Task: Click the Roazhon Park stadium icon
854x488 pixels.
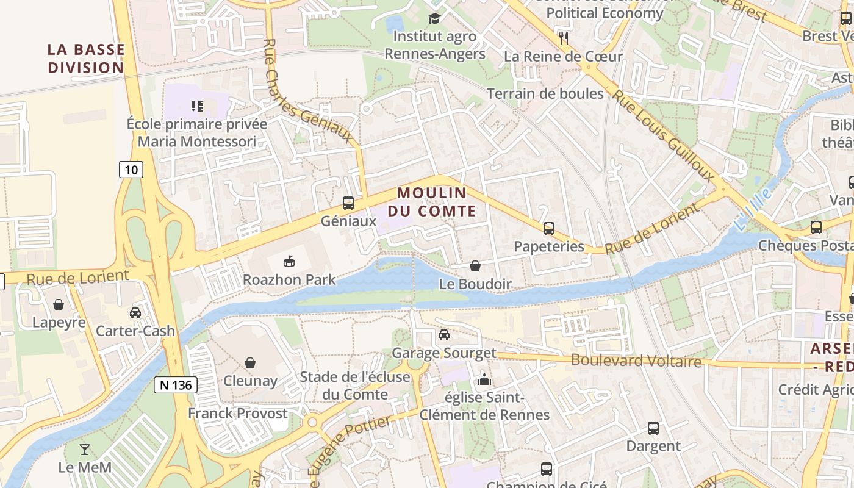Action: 289,261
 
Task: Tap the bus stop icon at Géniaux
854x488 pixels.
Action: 348,203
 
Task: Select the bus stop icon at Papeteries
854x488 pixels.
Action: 549,229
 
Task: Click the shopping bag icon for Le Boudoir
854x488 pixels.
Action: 475,267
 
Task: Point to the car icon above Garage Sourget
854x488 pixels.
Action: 444,335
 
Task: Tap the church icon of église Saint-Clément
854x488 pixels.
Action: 484,379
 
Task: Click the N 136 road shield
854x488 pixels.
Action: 176,385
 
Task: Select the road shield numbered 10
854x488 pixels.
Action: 131,169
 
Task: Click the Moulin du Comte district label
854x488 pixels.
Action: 436,202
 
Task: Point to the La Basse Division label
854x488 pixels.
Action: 86,59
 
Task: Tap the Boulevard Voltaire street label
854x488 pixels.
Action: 636,361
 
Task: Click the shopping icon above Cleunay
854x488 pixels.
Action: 250,364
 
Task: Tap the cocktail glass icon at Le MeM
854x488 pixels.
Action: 85,450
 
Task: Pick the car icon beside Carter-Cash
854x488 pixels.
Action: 135,313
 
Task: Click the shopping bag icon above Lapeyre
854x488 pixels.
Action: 59,304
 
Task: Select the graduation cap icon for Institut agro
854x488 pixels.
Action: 434,18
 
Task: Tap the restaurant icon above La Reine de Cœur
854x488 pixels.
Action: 563,38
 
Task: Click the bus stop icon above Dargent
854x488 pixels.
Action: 653,428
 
